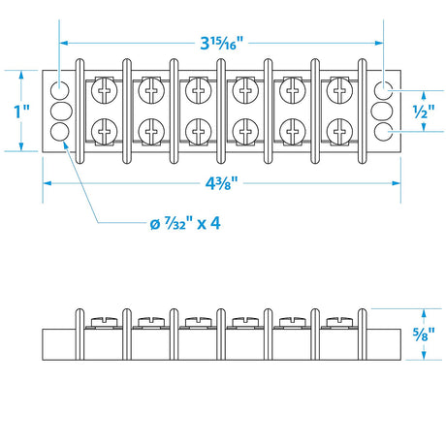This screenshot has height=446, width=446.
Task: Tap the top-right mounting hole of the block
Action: [x=385, y=90]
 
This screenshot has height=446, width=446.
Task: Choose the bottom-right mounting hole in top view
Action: [x=385, y=131]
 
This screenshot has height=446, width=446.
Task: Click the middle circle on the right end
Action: [x=385, y=111]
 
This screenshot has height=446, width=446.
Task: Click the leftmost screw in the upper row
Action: [x=103, y=93]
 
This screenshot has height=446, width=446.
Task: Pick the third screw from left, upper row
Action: [x=198, y=93]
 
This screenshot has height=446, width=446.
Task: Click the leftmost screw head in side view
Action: [x=103, y=318]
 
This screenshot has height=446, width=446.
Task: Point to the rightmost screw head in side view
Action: [x=340, y=318]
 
